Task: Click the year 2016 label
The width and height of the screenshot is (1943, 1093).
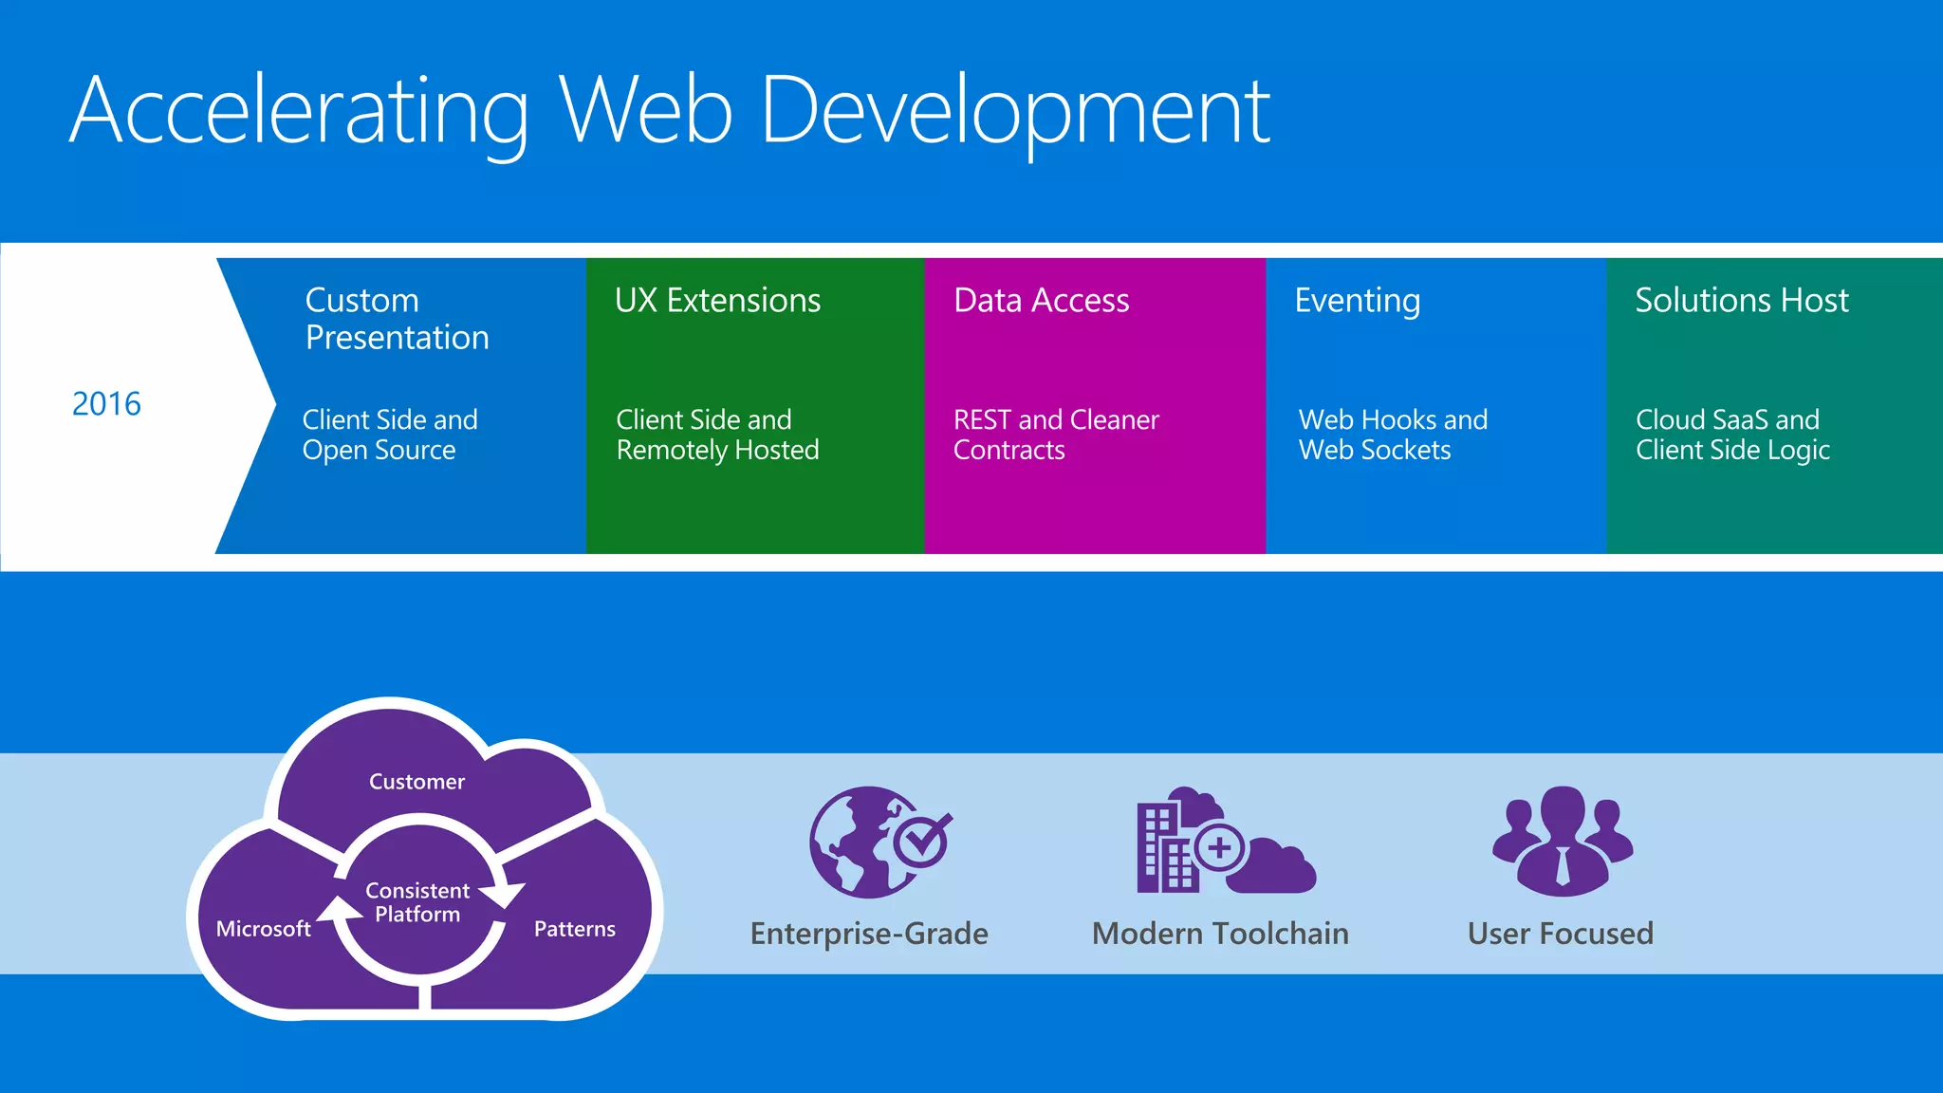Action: pos(106,404)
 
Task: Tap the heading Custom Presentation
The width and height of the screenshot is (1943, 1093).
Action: pos(397,319)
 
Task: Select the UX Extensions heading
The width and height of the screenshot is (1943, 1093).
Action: pos(717,301)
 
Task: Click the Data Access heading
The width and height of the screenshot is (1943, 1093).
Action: pos(1041,301)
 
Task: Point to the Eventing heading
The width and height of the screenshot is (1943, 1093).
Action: pos(1357,301)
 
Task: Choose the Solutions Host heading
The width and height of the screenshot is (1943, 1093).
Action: pos(1741,301)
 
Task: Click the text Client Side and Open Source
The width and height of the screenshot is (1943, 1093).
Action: pos(389,435)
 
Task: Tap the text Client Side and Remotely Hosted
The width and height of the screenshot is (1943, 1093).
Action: pos(716,435)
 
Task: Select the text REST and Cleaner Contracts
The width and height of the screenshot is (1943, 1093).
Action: pos(1055,435)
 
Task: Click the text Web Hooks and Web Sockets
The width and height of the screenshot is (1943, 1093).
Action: pos(1392,435)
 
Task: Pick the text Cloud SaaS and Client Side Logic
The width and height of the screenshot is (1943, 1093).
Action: pos(1731,435)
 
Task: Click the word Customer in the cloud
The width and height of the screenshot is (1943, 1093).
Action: pos(416,782)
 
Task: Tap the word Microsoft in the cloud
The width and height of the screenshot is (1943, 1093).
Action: pos(263,929)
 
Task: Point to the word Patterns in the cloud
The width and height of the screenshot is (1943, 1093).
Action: pos(574,929)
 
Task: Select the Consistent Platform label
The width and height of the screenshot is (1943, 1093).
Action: pos(417,902)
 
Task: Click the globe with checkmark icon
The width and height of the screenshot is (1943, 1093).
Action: pos(878,842)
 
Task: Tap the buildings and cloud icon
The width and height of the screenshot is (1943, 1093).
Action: pos(1224,841)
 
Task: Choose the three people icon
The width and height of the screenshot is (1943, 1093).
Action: pos(1562,841)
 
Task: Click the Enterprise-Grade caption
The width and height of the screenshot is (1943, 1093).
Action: pos(869,934)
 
